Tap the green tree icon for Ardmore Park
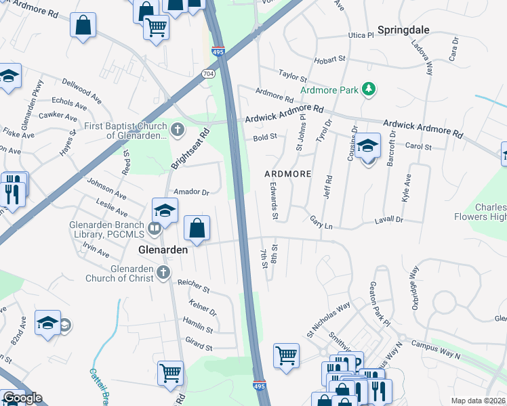(x=368, y=89)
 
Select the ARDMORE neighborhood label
(x=287, y=174)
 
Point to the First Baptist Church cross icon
(x=178, y=129)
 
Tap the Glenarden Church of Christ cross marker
(x=162, y=272)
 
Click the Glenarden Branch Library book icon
(x=155, y=227)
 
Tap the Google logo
(x=22, y=398)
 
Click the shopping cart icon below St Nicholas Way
(x=286, y=355)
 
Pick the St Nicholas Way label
(x=328, y=314)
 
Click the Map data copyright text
(x=478, y=401)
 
